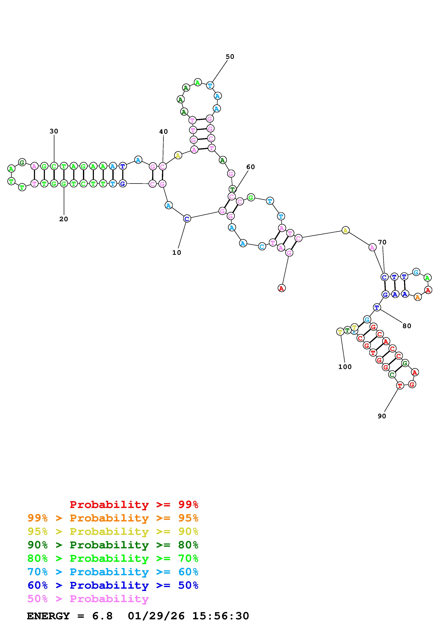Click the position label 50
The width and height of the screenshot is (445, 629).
(x=230, y=57)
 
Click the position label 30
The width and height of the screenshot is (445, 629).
(x=54, y=131)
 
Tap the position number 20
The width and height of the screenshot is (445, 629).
(x=64, y=219)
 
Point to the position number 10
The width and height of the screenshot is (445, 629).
(x=177, y=253)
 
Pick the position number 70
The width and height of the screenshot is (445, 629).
(x=382, y=242)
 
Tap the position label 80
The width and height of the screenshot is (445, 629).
(x=407, y=326)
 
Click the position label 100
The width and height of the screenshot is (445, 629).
(x=345, y=367)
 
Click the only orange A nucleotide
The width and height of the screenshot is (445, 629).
(x=417, y=297)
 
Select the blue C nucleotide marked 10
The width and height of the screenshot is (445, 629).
(x=187, y=219)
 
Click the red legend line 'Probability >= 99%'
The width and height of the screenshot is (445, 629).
(x=134, y=504)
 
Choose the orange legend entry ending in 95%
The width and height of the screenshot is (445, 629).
(x=113, y=518)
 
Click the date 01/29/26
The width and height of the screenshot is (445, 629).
(x=156, y=616)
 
